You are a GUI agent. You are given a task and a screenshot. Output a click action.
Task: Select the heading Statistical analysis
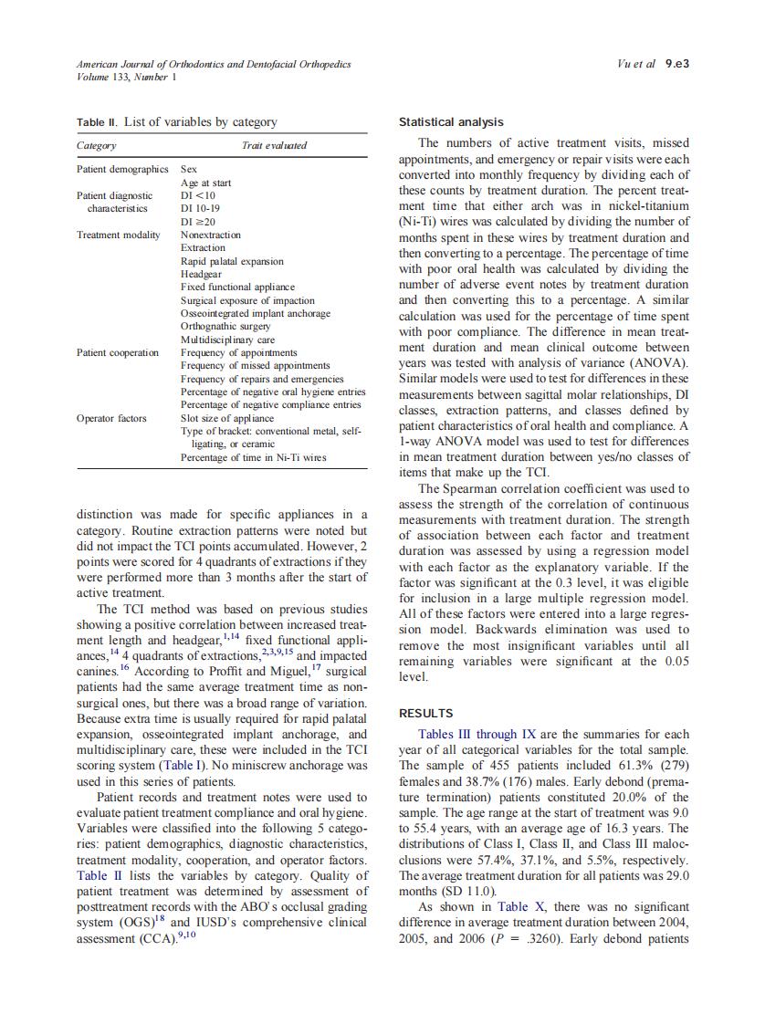[451, 122]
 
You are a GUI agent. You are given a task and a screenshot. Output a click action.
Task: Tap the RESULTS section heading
[427, 713]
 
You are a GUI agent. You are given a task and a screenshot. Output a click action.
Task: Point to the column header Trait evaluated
[274, 145]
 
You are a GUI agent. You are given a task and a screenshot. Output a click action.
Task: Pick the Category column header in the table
[96, 145]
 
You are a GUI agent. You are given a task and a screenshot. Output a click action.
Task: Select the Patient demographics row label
[122, 170]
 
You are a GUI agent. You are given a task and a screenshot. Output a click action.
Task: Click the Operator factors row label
[111, 419]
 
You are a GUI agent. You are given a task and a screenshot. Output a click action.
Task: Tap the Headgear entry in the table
[201, 274]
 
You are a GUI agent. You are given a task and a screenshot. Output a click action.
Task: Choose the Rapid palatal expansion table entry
[232, 261]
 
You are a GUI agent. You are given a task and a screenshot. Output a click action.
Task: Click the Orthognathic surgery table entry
[225, 326]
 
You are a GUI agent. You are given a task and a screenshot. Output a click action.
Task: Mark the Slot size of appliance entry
[227, 419]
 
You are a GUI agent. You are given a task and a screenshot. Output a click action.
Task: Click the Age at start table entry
[205, 183]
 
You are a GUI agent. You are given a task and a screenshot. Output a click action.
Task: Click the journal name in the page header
[213, 65]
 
